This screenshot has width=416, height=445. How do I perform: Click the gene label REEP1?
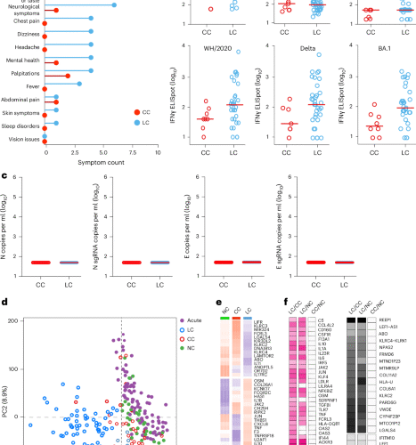pos(385,317)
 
